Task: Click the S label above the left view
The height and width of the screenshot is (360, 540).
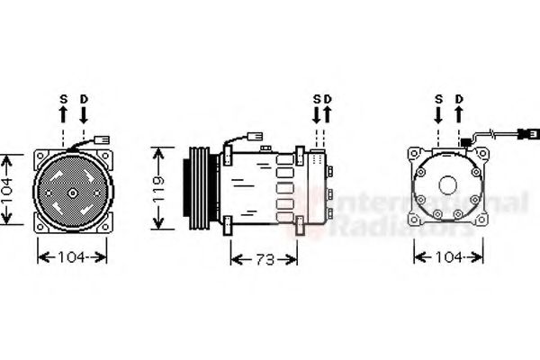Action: point(63,97)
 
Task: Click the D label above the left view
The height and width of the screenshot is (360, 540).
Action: point(84,97)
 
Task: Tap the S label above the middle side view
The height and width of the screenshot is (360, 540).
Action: point(317,98)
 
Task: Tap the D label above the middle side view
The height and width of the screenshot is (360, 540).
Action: point(328,98)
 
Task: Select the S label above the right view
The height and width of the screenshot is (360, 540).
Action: point(438,97)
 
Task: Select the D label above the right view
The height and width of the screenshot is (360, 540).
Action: point(459,97)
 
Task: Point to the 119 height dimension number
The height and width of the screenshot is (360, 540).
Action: point(158,189)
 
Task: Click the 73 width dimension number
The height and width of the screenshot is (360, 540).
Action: point(264,259)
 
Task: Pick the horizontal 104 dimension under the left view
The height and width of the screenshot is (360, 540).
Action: point(71,257)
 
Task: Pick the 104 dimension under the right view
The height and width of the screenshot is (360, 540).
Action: point(448,257)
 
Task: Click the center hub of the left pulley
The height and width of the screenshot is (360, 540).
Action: point(71,192)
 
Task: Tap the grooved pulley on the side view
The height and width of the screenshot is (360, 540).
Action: point(193,190)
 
